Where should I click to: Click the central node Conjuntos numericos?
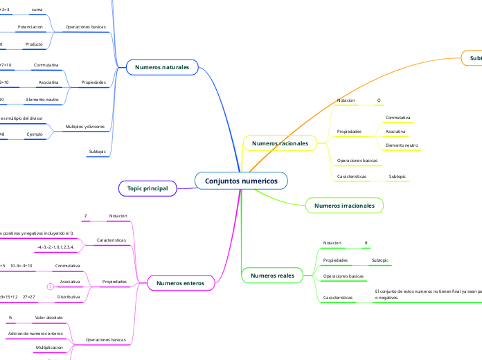pos(241,181)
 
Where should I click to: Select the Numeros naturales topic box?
pos(162,66)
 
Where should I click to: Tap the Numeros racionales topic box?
pos(280,143)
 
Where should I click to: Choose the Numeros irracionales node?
pos(344,206)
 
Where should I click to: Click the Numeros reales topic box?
pos(272,275)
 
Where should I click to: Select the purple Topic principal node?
pos(148,188)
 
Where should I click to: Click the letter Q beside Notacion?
pos(379,100)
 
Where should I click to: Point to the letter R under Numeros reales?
pos(366,243)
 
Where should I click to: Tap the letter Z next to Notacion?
pos(85,216)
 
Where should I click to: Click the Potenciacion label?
pos(30,27)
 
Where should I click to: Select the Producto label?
pos(34,44)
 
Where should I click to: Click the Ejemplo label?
pos(35,134)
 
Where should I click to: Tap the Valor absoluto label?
pos(48,317)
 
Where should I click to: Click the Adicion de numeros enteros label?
pos(35,334)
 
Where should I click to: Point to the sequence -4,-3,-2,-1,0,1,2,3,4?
pos(55,246)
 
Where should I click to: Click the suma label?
pos(37,10)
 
